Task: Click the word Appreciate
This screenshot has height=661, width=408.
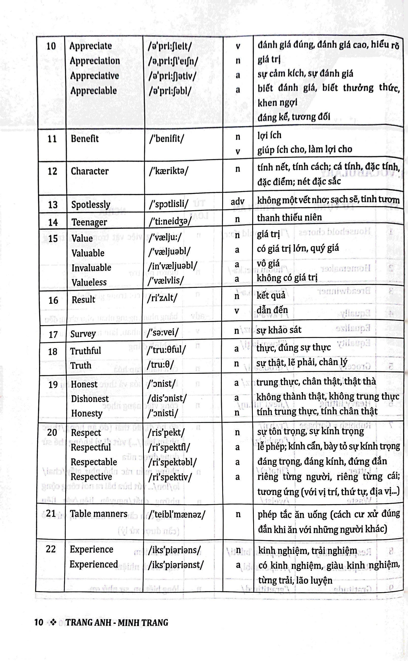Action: click(91, 46)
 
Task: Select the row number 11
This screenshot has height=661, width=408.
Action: click(52, 139)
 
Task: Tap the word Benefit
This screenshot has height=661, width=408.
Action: click(85, 139)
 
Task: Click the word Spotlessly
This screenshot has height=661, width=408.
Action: click(91, 204)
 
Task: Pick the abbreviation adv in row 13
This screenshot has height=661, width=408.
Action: click(237, 201)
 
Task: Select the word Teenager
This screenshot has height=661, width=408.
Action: click(89, 222)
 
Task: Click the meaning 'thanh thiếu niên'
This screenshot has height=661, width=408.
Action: click(289, 218)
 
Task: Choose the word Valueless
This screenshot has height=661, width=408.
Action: click(89, 282)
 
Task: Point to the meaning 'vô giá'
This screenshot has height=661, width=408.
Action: click(268, 263)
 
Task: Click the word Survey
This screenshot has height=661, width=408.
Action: click(83, 334)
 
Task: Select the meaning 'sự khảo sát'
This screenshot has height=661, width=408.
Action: click(279, 330)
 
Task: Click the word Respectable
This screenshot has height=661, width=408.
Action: click(94, 462)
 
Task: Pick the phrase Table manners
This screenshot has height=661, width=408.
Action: click(98, 514)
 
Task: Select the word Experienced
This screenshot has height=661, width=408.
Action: click(94, 564)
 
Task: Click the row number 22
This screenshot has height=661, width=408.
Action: click(51, 549)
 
